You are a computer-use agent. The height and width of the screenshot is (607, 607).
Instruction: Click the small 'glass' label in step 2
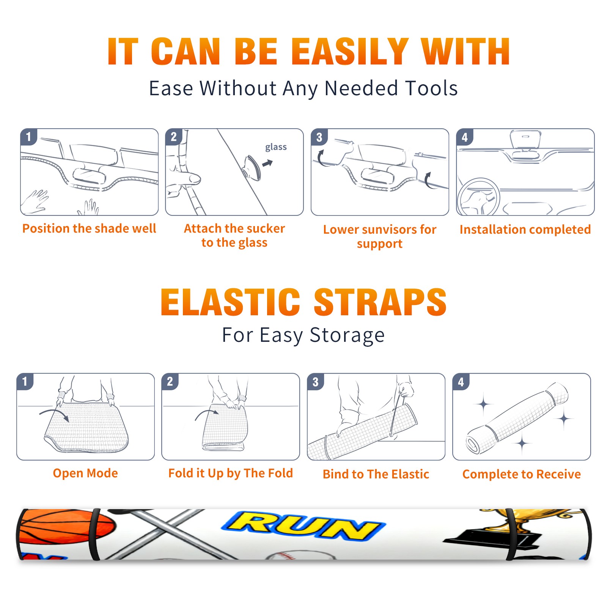[276, 147]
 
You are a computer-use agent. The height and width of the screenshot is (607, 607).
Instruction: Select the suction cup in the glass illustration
[253, 167]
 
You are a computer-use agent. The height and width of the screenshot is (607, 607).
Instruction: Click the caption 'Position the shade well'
[89, 228]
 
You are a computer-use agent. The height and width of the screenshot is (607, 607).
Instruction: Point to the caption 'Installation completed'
[525, 229]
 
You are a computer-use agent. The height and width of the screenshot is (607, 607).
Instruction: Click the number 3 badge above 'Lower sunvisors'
[319, 137]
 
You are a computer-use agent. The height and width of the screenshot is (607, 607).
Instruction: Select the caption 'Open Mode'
[85, 473]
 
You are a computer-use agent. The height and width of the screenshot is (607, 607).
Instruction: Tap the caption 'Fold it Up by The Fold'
[231, 473]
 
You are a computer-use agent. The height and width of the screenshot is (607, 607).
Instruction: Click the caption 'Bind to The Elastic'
[376, 474]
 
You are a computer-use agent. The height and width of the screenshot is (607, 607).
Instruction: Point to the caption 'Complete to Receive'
[522, 474]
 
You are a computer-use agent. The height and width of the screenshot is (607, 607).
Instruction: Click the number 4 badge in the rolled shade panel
[461, 382]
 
